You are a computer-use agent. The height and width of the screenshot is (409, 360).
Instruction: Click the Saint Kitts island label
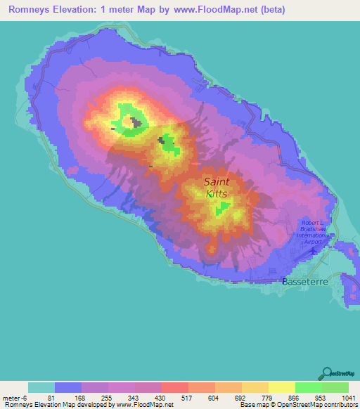click(217, 187)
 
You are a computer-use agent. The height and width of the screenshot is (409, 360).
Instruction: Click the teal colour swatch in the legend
click(41, 387)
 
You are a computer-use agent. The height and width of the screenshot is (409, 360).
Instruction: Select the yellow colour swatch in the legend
click(282, 387)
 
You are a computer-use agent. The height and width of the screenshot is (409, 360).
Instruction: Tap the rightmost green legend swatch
click(335, 387)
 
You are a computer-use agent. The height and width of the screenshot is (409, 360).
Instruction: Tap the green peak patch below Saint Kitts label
click(223, 208)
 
